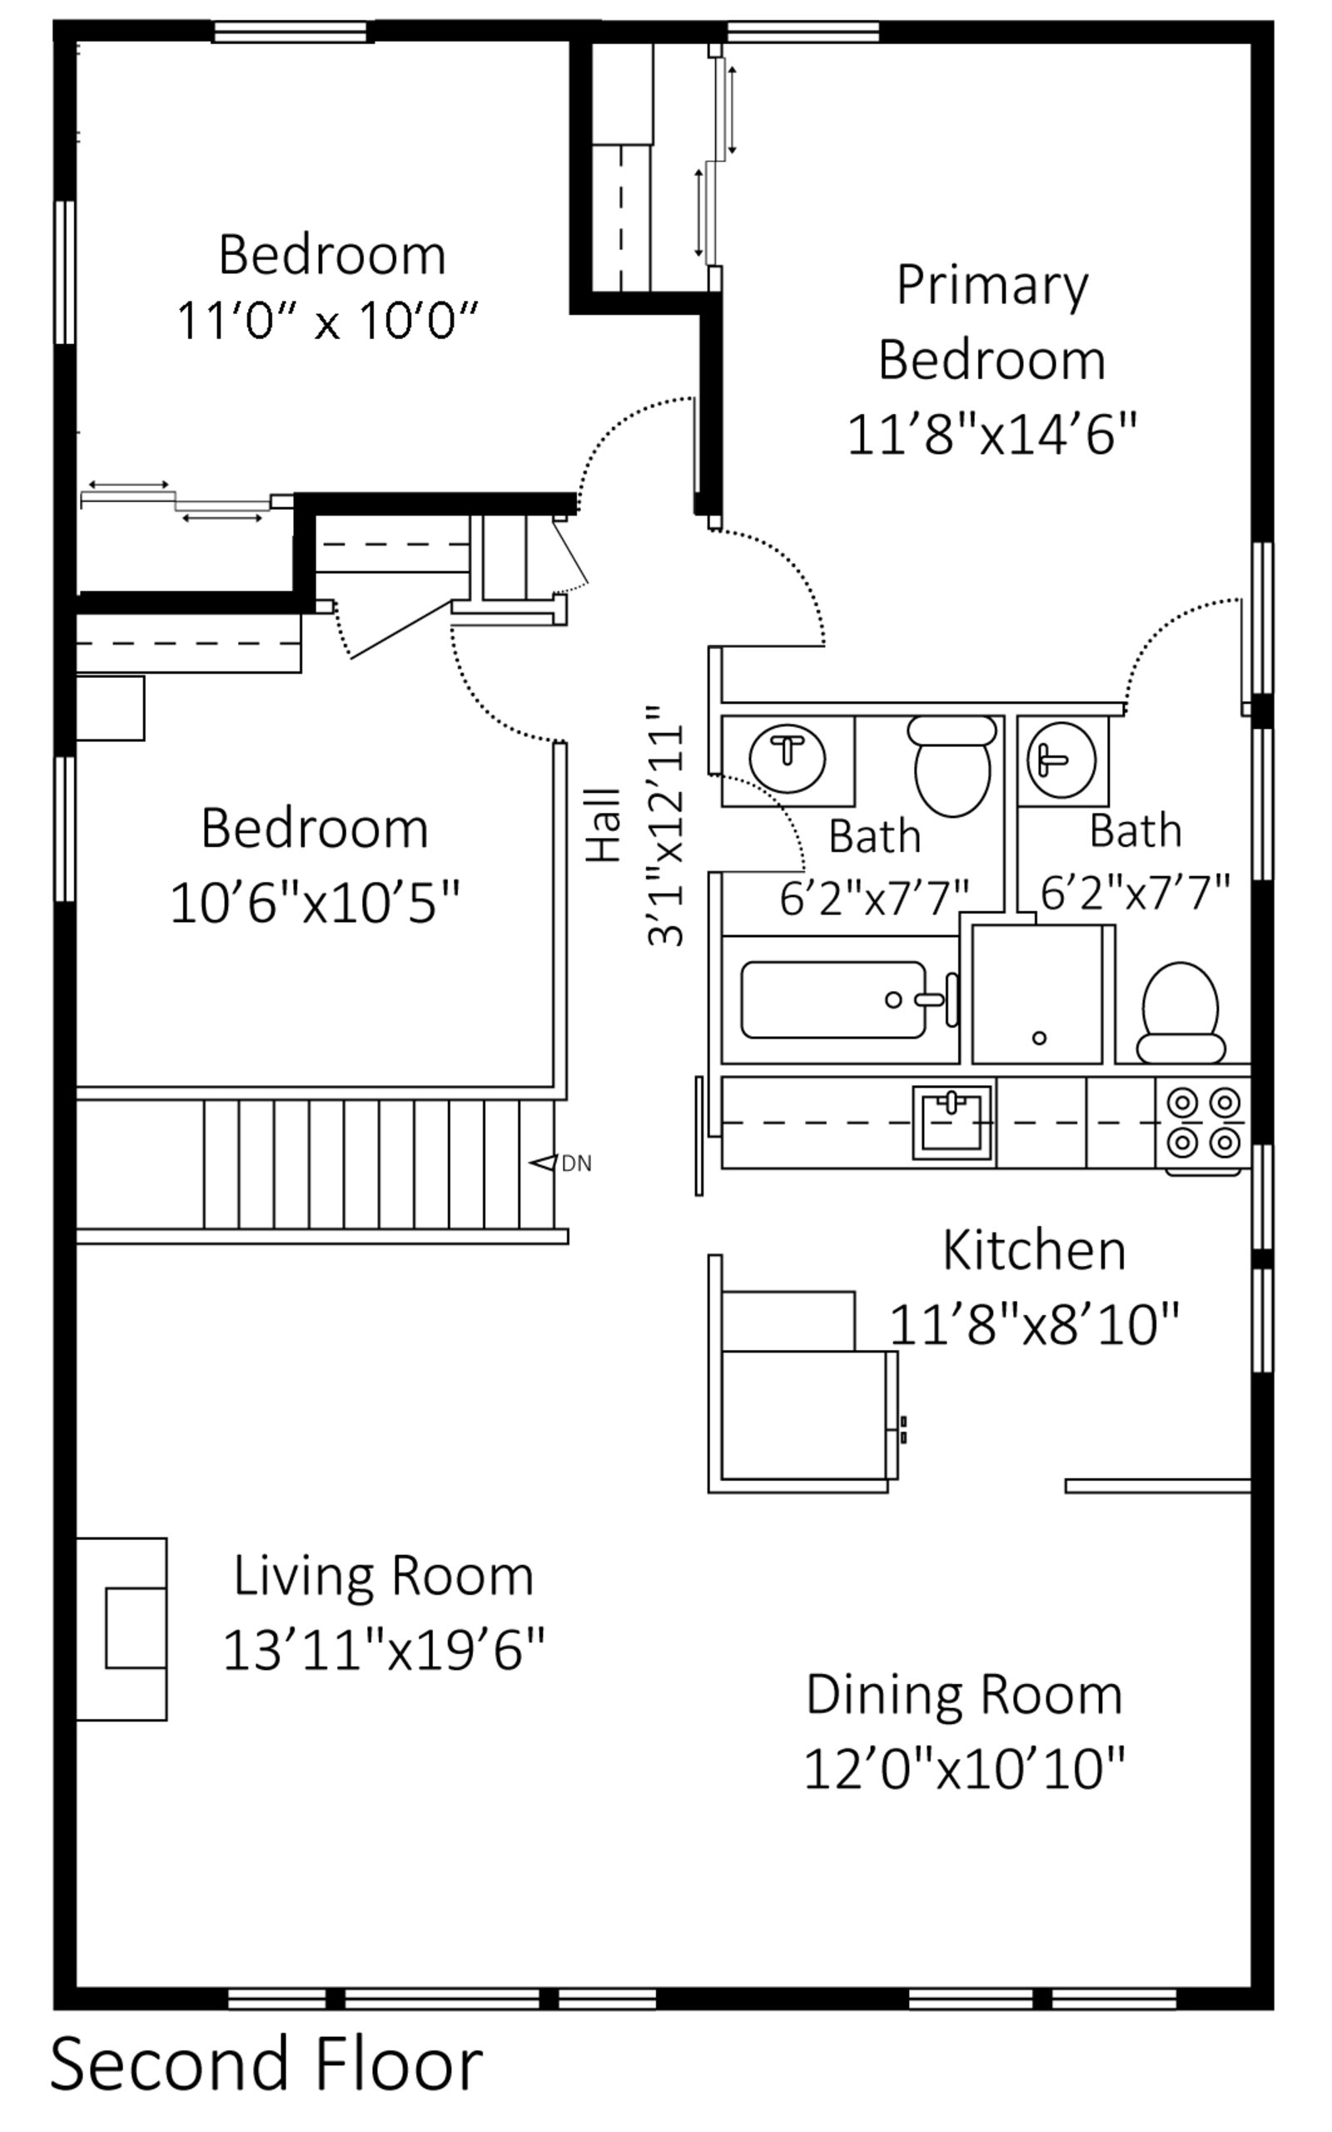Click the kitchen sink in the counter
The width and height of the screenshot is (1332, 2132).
(952, 1122)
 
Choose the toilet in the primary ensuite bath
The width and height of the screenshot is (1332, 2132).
(1180, 1012)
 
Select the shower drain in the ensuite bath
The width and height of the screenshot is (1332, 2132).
(1040, 1038)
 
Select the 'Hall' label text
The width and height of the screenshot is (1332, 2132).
(605, 825)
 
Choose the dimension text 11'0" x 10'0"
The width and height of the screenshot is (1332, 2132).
(328, 320)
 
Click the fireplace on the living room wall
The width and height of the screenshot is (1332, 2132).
(122, 1630)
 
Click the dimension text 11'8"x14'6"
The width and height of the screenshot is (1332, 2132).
(993, 436)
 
